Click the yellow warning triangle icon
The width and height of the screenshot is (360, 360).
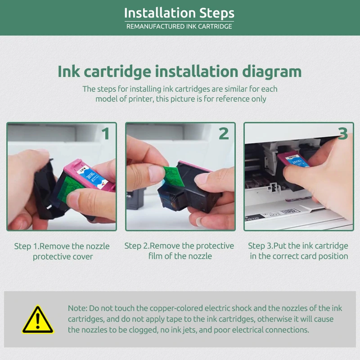click(38, 320)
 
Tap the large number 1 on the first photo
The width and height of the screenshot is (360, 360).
click(105, 134)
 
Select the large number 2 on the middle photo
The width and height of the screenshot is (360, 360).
click(224, 134)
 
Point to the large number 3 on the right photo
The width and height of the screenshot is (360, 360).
click(343, 134)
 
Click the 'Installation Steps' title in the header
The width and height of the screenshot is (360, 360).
click(179, 13)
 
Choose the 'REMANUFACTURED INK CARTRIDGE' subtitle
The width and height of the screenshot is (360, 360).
click(179, 27)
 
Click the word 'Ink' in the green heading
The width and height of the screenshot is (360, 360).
click(68, 72)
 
